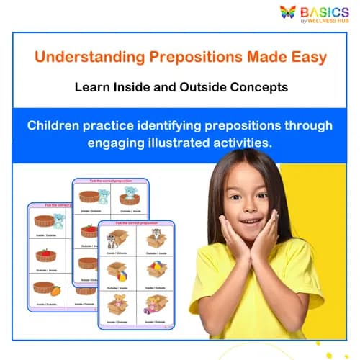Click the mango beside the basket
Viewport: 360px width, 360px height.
[x=55, y=290]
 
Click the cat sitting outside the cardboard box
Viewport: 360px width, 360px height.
[x=113, y=241]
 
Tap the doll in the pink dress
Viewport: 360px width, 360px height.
[x=153, y=305]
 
